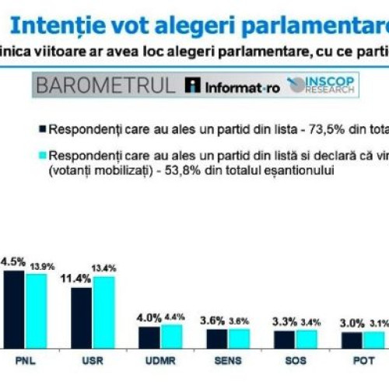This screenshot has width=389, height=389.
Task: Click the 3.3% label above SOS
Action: [x=284, y=321]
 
